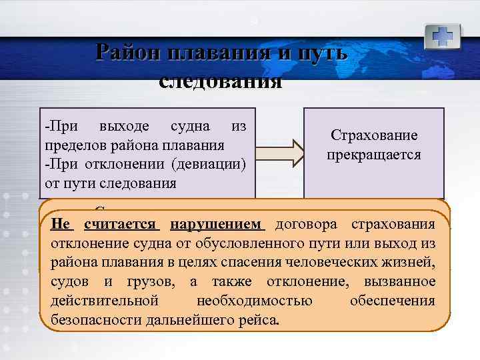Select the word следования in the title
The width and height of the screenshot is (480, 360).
[x=221, y=81]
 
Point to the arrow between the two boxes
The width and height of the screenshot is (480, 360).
[x=279, y=153]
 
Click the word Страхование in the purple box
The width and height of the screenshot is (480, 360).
[x=374, y=135]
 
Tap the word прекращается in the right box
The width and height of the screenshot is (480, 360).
[x=374, y=155]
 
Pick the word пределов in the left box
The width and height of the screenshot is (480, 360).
[x=69, y=145]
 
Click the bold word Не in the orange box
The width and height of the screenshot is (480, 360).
[x=61, y=224]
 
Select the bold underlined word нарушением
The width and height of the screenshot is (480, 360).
[x=218, y=224]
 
